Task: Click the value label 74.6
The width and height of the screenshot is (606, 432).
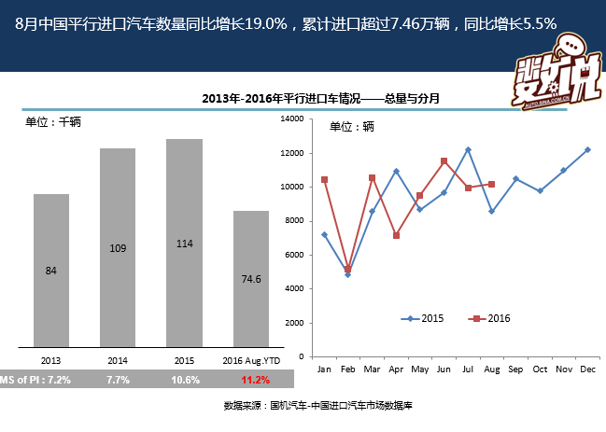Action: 250,278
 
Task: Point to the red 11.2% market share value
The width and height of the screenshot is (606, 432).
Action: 255,380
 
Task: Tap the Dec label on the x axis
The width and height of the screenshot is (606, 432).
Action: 587,369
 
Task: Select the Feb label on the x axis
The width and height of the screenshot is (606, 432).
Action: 347,369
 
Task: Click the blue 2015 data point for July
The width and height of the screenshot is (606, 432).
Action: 468,149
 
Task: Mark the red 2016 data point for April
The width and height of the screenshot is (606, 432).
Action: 396,235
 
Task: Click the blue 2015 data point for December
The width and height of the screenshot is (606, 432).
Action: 587,149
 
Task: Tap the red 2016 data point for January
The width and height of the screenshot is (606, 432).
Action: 324,180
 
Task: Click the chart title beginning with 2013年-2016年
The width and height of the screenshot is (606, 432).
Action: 320,98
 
